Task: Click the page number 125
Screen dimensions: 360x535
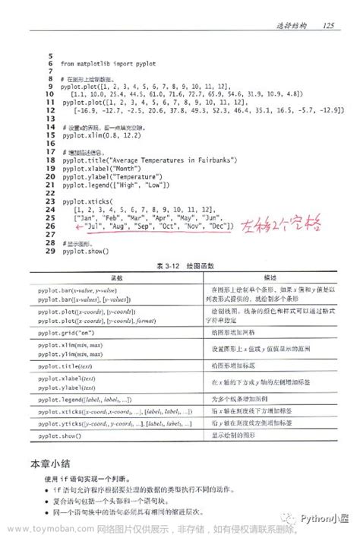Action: pos(328,28)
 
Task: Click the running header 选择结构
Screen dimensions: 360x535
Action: pos(291,28)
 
